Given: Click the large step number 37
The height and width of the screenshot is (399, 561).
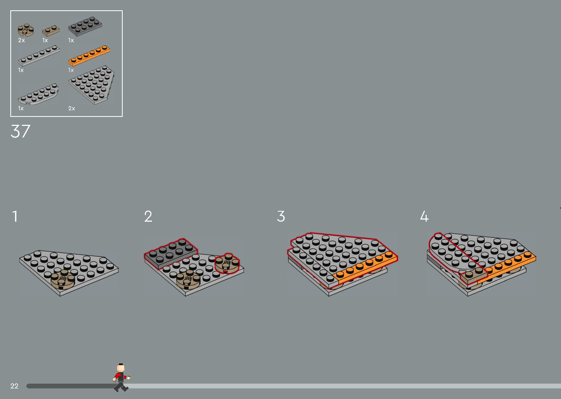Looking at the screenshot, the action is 21,131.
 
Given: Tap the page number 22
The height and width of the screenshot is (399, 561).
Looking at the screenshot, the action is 14,386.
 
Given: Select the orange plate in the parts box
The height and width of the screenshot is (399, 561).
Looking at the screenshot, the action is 89,55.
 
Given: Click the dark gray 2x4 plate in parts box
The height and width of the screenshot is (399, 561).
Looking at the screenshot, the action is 85,26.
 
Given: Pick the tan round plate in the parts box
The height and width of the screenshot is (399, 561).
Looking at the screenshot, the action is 26,30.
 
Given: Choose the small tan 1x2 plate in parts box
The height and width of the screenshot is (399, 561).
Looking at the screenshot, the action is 51,30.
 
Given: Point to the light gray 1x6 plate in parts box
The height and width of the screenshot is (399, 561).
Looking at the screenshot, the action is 39,56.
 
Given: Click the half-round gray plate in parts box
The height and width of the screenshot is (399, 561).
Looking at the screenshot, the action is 38,94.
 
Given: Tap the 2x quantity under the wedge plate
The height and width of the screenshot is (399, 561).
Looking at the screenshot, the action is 72,108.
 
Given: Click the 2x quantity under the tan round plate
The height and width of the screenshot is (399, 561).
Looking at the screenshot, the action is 21,40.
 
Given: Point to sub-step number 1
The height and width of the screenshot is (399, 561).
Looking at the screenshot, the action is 15,216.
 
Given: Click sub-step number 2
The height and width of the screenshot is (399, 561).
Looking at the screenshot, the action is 148,216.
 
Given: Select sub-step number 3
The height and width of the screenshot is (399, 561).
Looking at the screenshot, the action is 281,216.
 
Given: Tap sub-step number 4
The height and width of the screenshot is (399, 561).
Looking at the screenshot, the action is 424,216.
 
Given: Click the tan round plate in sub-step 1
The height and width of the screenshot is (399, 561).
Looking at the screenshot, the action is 63,279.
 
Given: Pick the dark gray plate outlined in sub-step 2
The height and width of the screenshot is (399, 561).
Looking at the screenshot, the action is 171,254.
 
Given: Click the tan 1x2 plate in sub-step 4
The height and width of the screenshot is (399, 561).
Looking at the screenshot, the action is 474,275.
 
